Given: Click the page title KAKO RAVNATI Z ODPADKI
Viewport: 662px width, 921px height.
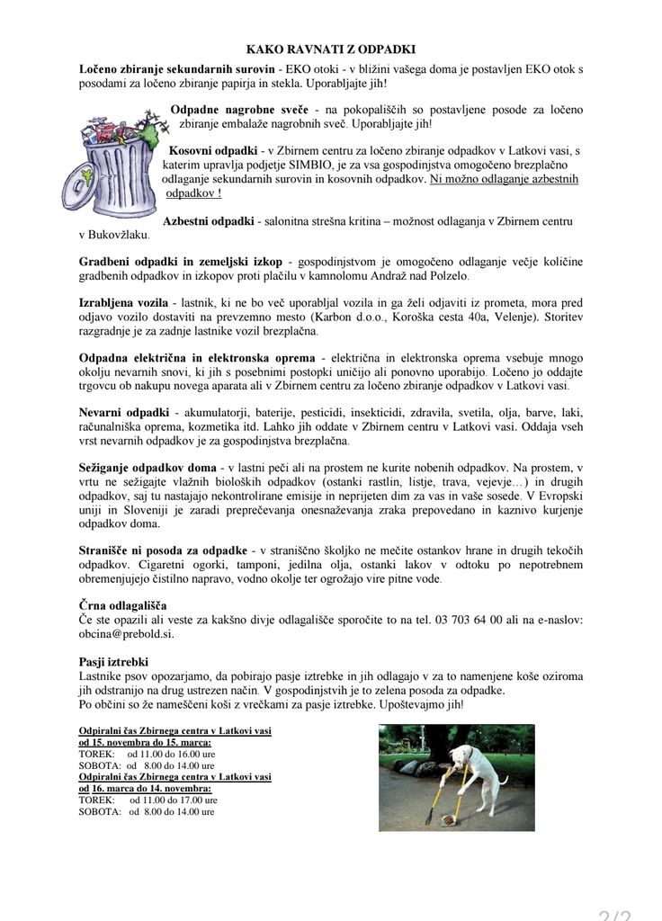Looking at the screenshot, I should tap(331, 50).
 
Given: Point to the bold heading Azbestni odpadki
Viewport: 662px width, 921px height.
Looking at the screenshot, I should tap(208, 221).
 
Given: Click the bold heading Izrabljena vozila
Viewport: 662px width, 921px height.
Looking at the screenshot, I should tap(123, 304).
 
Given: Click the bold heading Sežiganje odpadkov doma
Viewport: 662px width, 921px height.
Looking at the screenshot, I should tap(148, 468).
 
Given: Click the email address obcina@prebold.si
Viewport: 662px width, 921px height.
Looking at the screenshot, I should tap(126, 633).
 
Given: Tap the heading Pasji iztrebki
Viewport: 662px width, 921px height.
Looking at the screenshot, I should tap(114, 662).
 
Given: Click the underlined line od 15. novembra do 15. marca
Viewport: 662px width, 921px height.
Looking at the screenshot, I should tap(146, 743).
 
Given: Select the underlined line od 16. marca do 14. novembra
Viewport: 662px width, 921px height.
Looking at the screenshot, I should tap(146, 788).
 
